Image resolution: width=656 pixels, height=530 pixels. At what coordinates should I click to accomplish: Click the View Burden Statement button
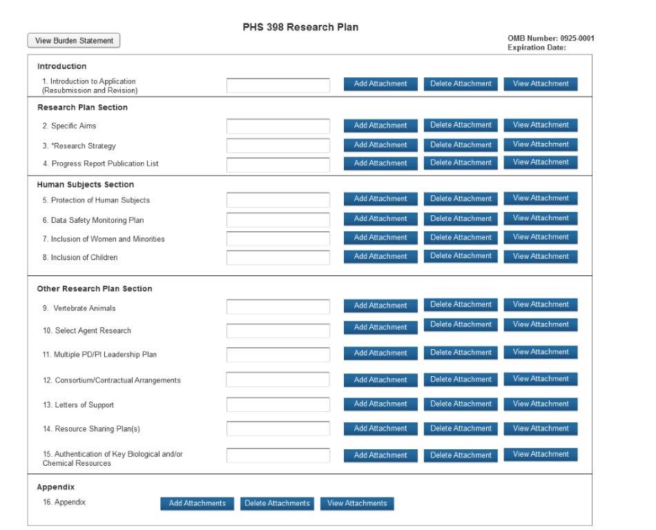point(74,41)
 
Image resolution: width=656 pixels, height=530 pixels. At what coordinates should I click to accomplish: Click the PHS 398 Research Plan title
point(300,28)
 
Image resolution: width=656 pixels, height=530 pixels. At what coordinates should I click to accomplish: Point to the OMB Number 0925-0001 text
point(550,38)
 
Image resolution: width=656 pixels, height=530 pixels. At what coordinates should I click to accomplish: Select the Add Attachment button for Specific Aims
point(380,126)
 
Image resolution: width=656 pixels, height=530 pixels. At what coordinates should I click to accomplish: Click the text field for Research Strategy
point(278,146)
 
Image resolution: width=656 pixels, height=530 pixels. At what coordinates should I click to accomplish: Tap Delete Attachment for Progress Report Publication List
point(461,163)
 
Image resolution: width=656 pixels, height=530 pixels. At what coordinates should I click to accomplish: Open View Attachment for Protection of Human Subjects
point(540,199)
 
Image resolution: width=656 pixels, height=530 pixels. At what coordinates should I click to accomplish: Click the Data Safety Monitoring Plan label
point(97,220)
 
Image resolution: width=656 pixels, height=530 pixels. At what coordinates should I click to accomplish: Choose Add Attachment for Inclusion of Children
point(380,257)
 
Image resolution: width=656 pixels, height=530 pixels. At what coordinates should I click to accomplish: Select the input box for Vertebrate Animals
point(278,306)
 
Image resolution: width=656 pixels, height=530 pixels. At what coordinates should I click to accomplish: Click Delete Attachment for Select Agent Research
point(461,325)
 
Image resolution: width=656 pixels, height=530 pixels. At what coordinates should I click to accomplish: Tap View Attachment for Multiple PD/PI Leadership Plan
point(540,353)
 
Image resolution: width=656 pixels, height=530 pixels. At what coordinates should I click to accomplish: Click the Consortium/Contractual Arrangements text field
point(278,380)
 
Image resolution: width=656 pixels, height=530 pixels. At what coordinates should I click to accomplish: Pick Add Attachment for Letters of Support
point(380,404)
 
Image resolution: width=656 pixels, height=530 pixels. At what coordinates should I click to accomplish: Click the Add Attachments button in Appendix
point(197,504)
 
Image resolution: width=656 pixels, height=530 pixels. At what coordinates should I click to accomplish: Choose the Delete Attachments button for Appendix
point(277,504)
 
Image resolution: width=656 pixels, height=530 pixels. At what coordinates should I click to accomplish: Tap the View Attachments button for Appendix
point(357,504)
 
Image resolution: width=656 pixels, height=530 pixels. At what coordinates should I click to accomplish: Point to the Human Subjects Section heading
point(86,185)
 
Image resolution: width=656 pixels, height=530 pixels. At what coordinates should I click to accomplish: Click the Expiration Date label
point(537,48)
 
